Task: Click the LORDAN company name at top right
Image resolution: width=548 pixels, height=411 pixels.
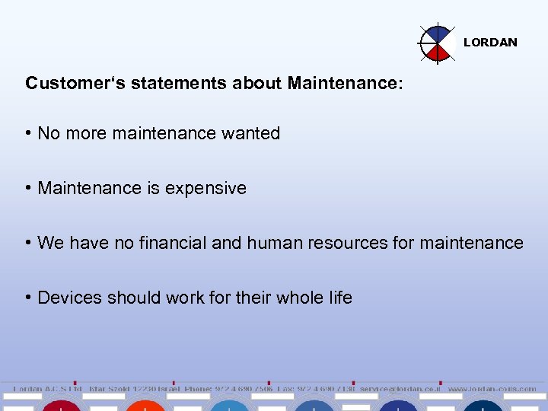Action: (490, 43)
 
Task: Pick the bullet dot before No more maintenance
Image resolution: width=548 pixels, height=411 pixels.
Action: (28, 133)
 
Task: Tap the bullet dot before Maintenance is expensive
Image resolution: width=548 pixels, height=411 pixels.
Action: (28, 188)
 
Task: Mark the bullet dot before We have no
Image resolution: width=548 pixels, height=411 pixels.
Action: (28, 243)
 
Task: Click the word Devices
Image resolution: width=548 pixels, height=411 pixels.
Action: (68, 298)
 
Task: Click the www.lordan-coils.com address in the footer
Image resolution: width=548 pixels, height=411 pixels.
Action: (492, 389)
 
